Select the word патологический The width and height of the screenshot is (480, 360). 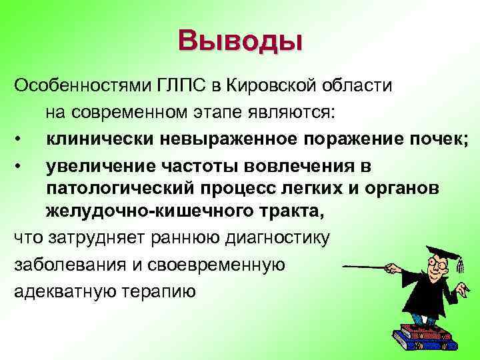[x=114, y=189]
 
